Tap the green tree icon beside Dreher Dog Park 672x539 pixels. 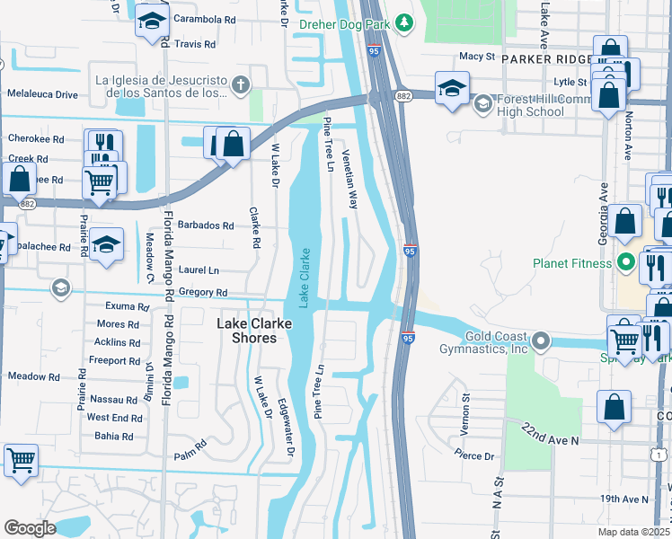pos(404,21)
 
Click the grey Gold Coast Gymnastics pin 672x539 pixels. pos(540,341)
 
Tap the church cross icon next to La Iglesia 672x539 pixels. pos(239,85)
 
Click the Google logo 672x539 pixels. pos(30,528)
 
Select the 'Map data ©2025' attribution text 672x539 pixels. pos(634,532)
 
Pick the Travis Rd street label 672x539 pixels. pos(195,43)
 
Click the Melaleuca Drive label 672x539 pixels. pos(42,93)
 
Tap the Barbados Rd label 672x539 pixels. pos(206,225)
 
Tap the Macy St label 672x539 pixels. pos(477,56)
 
